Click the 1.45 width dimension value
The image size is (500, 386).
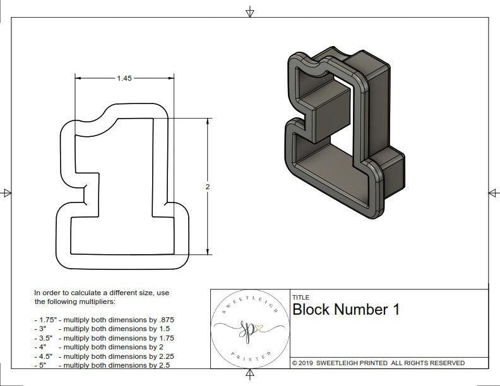[x=124, y=78]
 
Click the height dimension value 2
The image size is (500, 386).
[x=207, y=187]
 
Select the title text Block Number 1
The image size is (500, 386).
[x=346, y=310]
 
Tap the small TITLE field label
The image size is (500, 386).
[x=300, y=297]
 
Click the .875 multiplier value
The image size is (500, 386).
[x=165, y=320]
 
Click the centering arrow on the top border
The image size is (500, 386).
[x=251, y=11]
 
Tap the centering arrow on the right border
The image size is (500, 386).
[x=493, y=192]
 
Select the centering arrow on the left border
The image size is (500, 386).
[x=6, y=192]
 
